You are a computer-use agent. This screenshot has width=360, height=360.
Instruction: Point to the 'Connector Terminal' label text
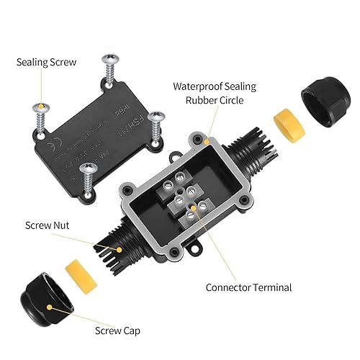[x=248, y=287]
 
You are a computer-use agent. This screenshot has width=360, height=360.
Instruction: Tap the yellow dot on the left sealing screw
[x=41, y=109]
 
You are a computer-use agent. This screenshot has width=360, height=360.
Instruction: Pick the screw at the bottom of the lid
[x=88, y=175]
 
